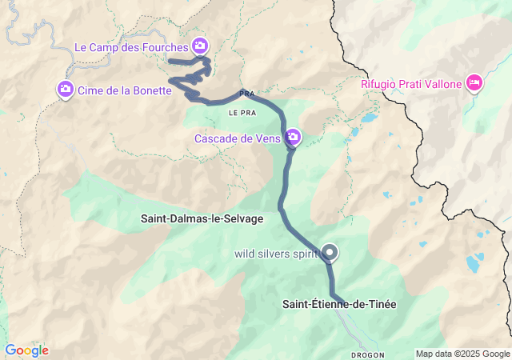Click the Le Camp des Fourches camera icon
[199, 46]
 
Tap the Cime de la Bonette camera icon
[66, 90]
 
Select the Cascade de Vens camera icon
[294, 138]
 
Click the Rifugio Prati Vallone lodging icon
[474, 82]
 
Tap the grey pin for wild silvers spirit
[329, 253]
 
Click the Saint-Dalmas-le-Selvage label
[202, 218]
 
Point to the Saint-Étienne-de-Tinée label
[339, 304]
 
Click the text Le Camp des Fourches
[131, 47]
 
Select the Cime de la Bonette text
[125, 90]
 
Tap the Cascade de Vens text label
[238, 138]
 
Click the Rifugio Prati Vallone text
[411, 82]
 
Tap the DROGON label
[367, 354]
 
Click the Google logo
[26, 350]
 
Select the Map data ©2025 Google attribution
[462, 354]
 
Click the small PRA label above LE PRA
[247, 94]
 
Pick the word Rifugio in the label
[380, 82]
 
